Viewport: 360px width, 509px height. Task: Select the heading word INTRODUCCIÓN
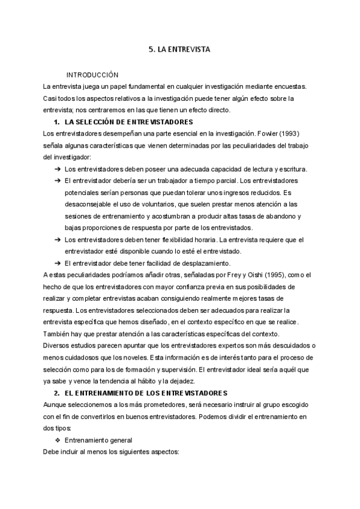[92, 75]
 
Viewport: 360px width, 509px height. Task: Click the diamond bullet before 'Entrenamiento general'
[58, 440]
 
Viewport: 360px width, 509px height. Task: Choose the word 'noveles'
[131, 357]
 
